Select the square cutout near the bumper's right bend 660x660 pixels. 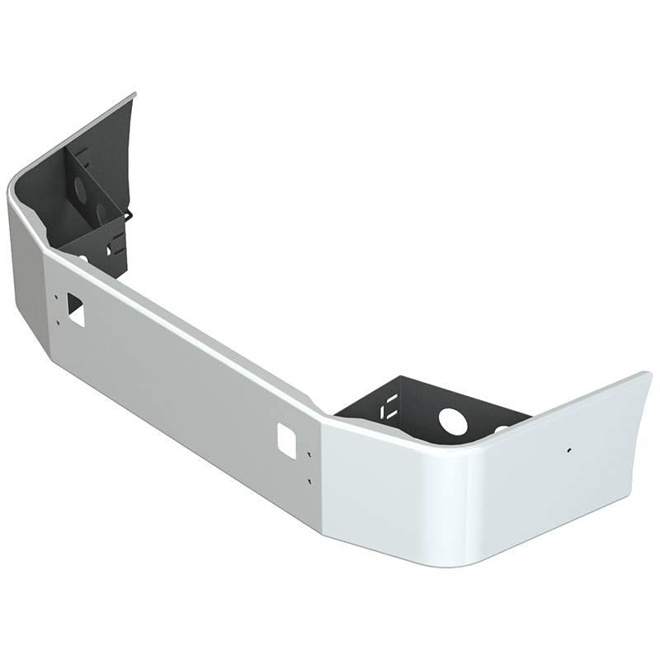286,437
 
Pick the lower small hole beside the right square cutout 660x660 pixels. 308,480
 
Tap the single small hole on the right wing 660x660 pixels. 568,450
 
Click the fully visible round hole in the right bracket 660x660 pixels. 452,421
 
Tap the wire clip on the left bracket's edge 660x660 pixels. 128,216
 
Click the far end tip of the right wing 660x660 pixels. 648,377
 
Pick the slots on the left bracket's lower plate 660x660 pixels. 111,245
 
